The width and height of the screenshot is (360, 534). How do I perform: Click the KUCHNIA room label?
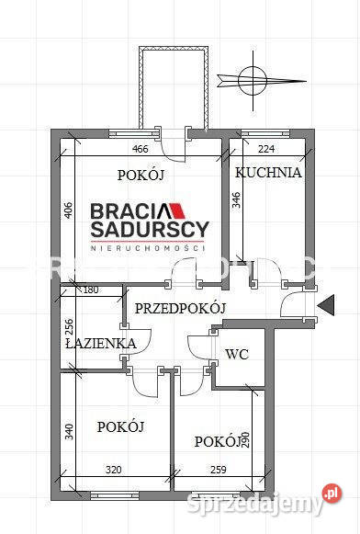268,172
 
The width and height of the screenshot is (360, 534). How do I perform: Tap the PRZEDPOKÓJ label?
179,309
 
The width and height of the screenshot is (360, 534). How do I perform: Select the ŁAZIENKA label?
100,344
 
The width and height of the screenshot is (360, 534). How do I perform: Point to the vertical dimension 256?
68,329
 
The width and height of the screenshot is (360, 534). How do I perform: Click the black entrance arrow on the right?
324,304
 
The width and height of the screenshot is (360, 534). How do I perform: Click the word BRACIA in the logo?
126,210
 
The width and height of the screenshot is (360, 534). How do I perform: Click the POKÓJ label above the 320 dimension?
120,426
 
